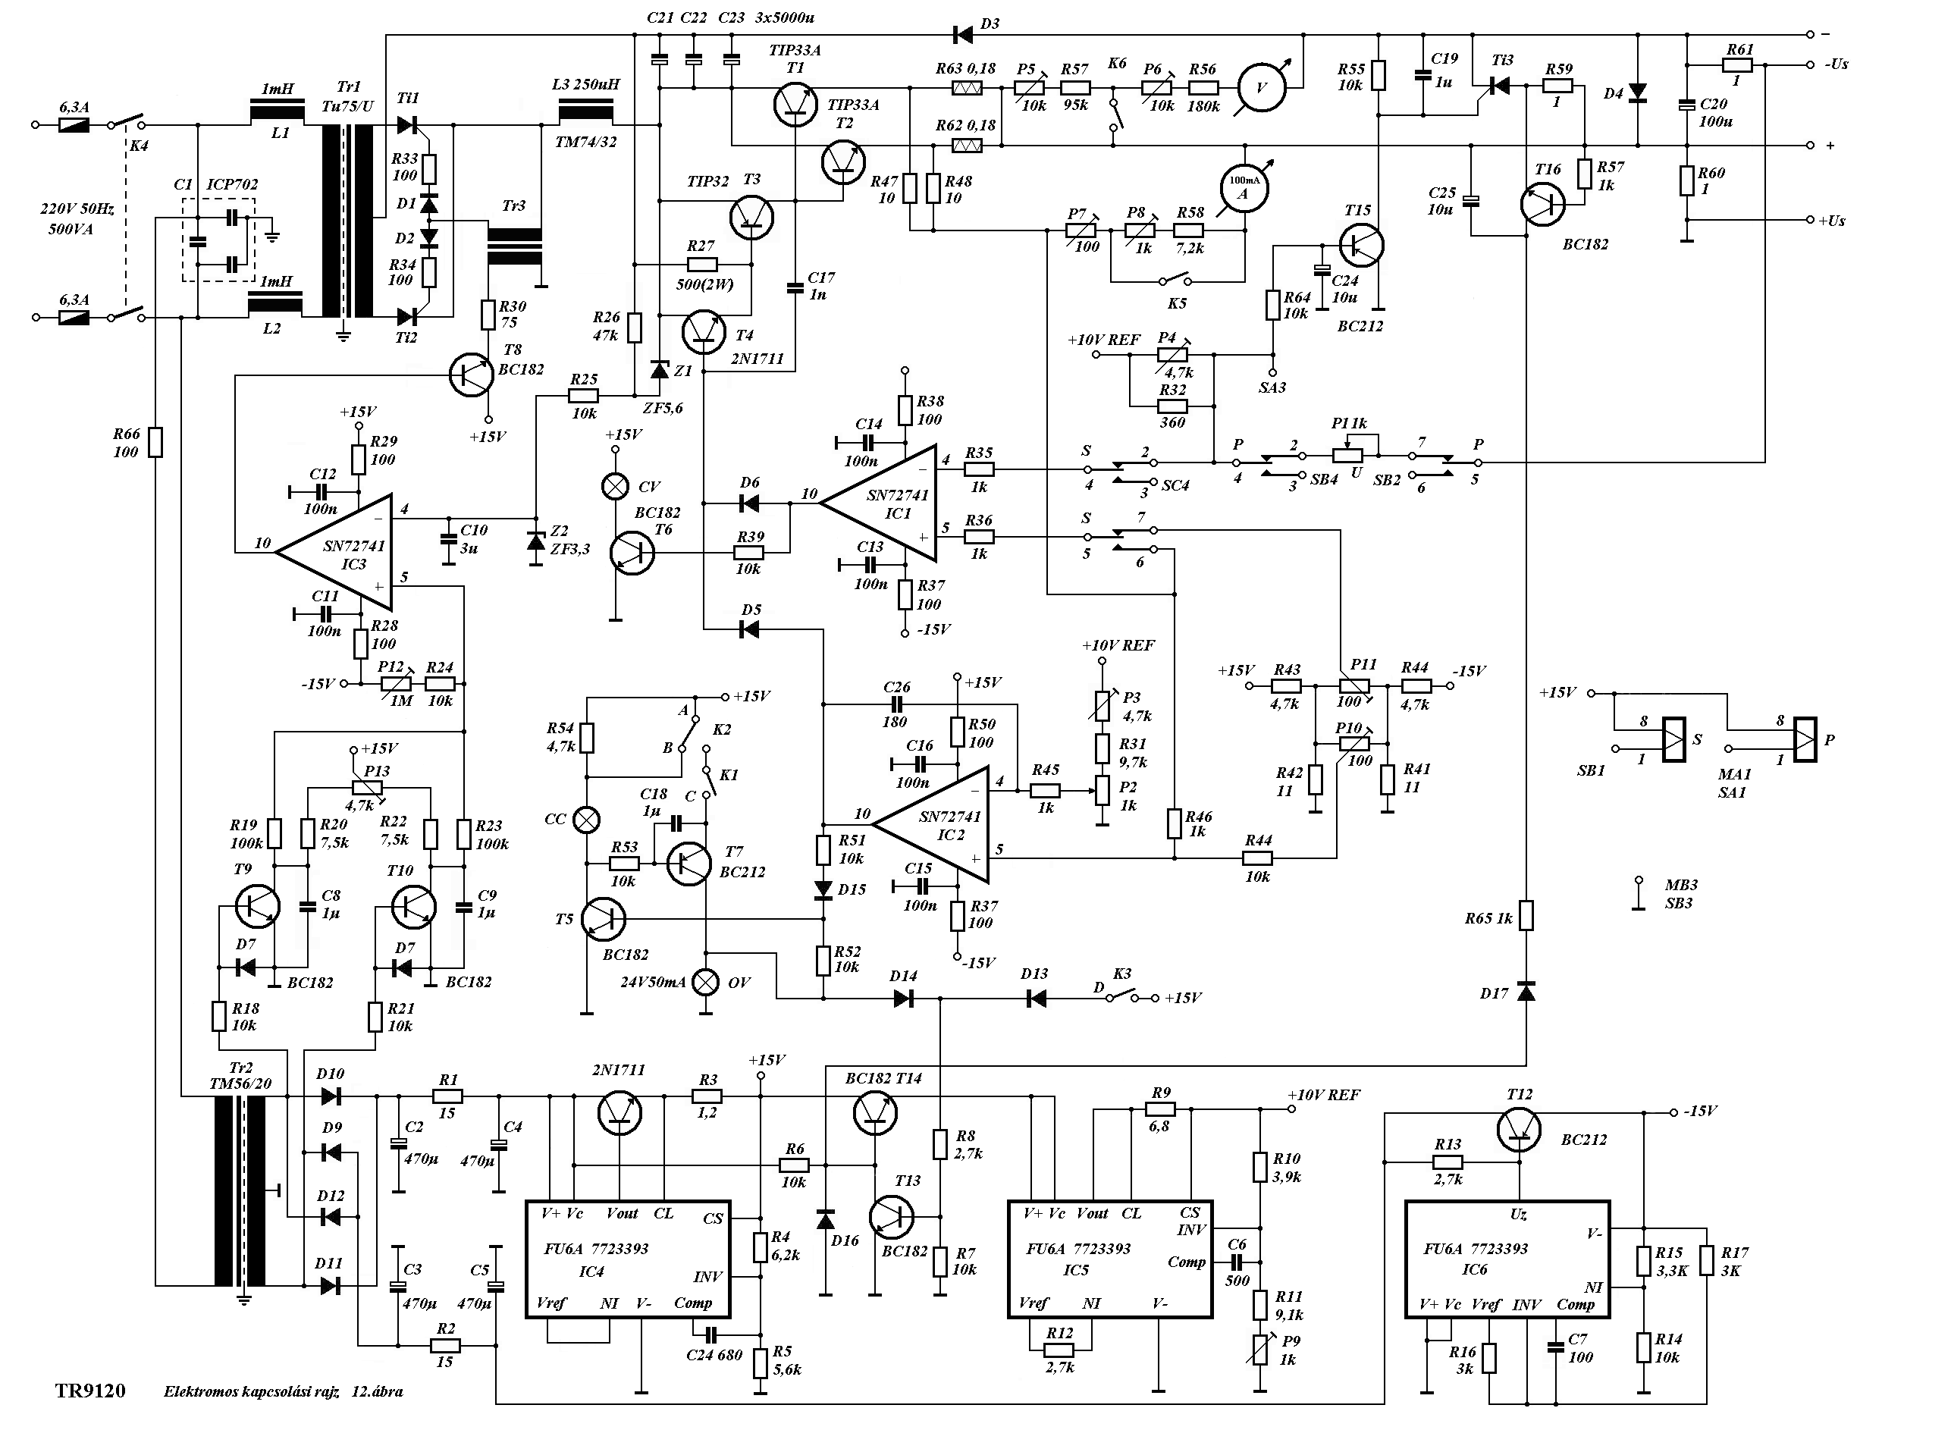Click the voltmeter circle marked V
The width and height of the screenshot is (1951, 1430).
(x=1261, y=86)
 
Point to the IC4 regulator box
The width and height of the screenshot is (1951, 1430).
(x=629, y=1259)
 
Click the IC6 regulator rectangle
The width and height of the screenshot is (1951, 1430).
(x=1506, y=1259)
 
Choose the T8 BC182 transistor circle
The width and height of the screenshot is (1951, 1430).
(x=472, y=374)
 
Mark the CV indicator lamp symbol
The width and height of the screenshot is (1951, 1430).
(x=616, y=488)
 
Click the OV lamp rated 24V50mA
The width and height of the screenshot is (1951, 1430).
(x=708, y=982)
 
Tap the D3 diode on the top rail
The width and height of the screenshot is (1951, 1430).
(x=962, y=35)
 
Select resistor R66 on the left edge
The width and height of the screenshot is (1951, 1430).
(x=155, y=441)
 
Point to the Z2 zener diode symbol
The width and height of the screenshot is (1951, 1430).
(x=536, y=542)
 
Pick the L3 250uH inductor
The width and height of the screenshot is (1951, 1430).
(x=586, y=111)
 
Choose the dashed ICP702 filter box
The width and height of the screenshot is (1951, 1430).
(x=218, y=240)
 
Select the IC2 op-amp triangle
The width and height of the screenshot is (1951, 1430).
(x=937, y=824)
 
